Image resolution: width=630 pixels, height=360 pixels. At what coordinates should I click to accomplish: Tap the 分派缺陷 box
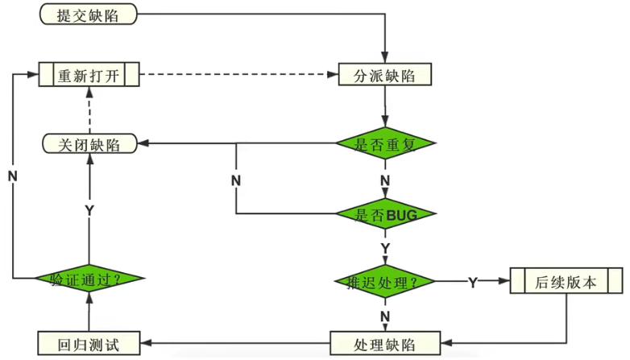[385, 76]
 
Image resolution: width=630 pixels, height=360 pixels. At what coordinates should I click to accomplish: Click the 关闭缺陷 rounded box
[89, 144]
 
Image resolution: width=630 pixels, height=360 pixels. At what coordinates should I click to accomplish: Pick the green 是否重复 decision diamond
[385, 144]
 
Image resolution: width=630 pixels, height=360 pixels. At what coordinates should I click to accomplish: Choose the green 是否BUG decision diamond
[385, 214]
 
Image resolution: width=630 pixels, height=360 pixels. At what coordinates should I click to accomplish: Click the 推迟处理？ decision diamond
[385, 282]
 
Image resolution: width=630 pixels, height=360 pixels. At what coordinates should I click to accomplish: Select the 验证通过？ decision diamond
[89, 279]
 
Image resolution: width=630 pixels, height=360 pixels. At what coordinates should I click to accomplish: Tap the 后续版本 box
[566, 282]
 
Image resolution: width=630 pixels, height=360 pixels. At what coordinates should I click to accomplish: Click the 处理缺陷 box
[385, 344]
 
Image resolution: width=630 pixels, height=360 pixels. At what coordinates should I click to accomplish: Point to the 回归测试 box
[89, 344]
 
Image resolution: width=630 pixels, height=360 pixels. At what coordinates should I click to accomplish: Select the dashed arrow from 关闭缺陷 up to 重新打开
[89, 110]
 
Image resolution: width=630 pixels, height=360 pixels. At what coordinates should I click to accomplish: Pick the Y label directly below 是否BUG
[385, 247]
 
